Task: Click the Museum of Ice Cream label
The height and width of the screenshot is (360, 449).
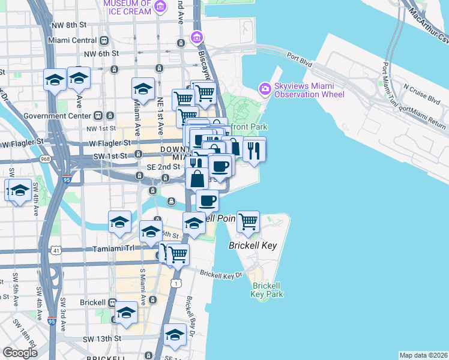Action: [128, 7]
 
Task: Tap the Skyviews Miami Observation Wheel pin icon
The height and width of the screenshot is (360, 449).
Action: [265, 89]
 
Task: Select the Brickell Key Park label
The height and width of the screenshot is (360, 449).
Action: [267, 290]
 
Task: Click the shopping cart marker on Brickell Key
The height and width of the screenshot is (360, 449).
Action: [248, 222]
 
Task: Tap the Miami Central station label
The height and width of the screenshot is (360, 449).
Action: [74, 40]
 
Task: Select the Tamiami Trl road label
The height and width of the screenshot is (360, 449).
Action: [113, 248]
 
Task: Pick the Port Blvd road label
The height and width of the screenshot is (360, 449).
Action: [300, 59]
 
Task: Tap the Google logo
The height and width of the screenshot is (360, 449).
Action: [20, 353]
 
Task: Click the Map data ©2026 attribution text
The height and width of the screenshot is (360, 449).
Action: [424, 355]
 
